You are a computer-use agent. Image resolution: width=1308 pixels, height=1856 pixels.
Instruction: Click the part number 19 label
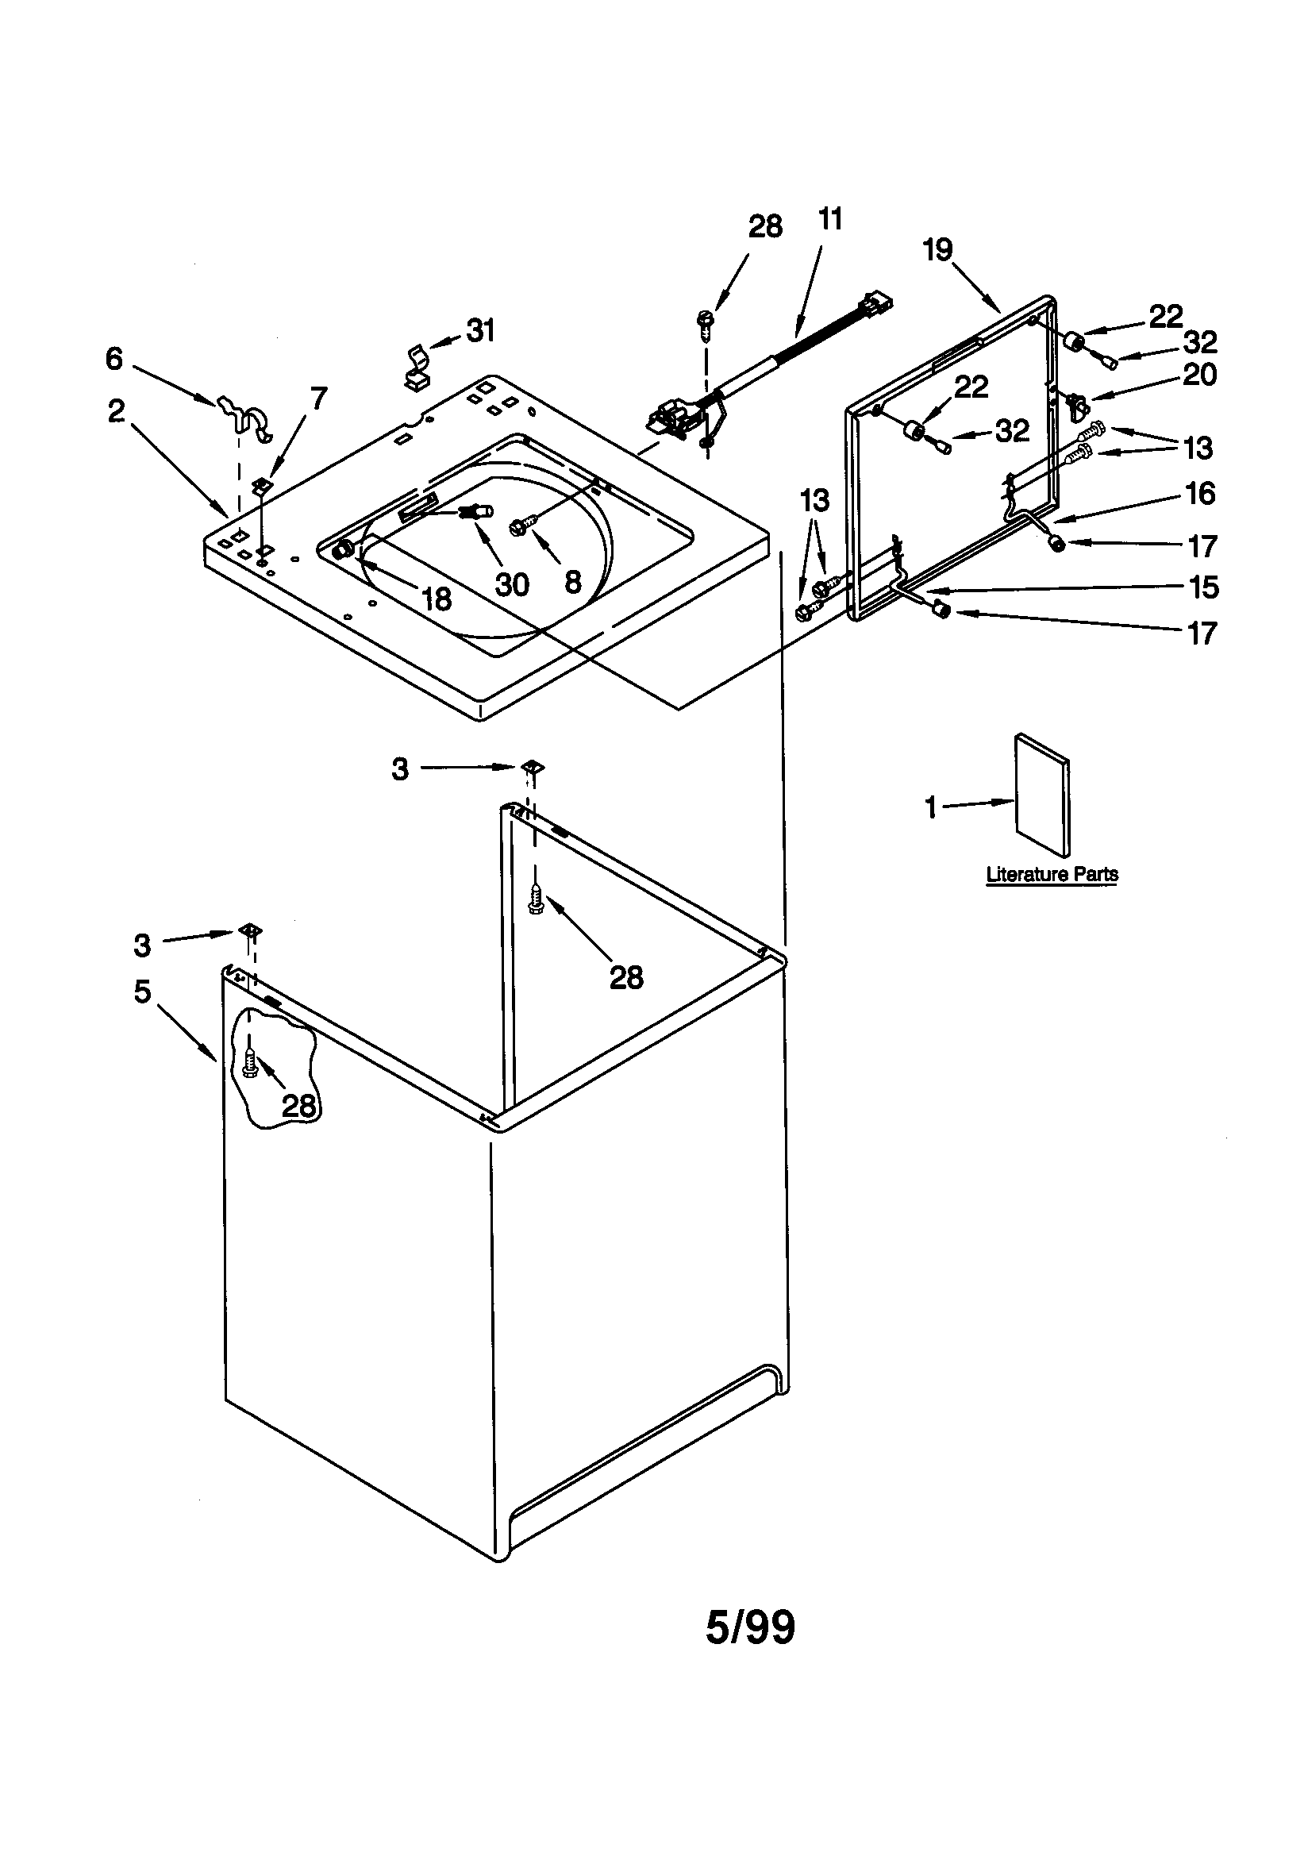pyautogui.click(x=938, y=250)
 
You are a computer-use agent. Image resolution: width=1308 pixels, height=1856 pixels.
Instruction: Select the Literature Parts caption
pyautogui.click(x=1052, y=874)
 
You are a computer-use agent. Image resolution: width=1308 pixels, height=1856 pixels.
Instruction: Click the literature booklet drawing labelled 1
pyautogui.click(x=1043, y=794)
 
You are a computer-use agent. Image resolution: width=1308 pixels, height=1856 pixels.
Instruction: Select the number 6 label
pyautogui.click(x=114, y=359)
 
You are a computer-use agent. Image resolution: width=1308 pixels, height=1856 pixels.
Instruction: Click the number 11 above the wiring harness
pyautogui.click(x=830, y=219)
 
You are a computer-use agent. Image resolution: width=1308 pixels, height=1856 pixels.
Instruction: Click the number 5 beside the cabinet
pyautogui.click(x=142, y=991)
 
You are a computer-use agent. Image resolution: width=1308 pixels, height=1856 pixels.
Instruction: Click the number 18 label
pyautogui.click(x=437, y=599)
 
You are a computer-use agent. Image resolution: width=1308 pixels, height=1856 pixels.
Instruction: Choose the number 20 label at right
pyautogui.click(x=1200, y=375)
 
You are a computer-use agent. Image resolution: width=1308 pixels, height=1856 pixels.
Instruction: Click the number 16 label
pyautogui.click(x=1201, y=493)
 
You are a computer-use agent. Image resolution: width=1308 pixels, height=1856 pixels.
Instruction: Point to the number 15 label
pyautogui.click(x=1204, y=587)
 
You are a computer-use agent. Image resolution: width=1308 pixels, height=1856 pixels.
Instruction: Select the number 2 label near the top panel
pyautogui.click(x=117, y=411)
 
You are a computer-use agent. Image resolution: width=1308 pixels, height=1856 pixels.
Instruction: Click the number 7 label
pyautogui.click(x=319, y=398)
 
